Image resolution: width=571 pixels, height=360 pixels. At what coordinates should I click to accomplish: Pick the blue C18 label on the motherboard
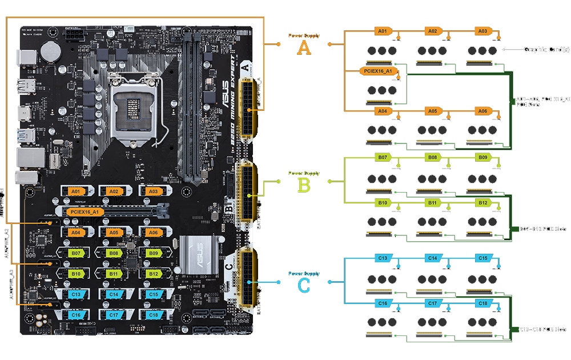[x=152, y=315]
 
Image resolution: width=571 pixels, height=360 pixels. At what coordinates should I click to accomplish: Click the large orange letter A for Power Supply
[x=304, y=48]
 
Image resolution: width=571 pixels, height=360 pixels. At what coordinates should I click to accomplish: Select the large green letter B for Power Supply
[x=304, y=185]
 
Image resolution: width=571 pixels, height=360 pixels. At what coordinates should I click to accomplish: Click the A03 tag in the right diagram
[x=482, y=31]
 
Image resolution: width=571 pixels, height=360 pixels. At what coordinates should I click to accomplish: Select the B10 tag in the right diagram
[x=382, y=202]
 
